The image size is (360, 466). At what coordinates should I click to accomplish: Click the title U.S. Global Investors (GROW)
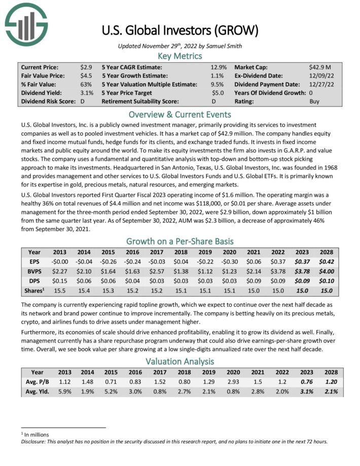180,30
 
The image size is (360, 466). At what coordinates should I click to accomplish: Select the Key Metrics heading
180,56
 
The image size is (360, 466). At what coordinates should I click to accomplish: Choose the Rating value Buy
314,101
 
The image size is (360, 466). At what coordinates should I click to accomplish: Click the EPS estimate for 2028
326,262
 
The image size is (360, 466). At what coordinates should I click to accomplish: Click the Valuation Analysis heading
180,362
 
